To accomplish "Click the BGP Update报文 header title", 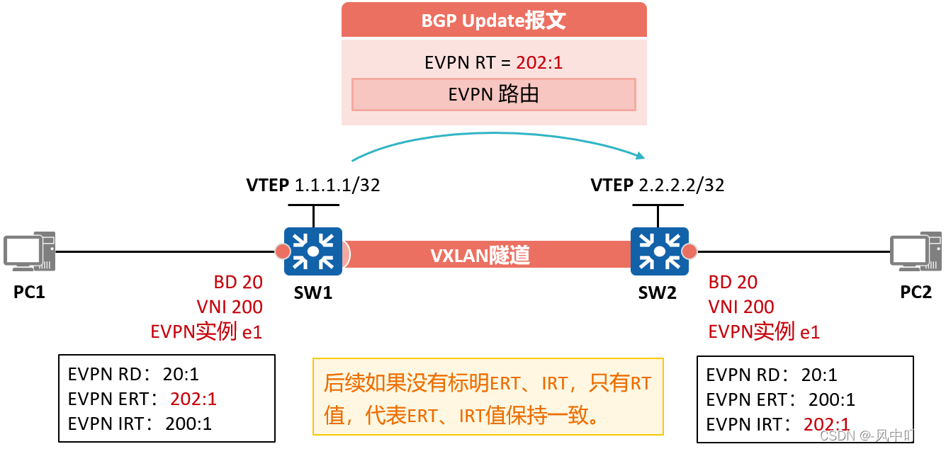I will [493, 21].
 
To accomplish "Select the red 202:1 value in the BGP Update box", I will [539, 62].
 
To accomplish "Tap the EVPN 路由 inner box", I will [493, 94].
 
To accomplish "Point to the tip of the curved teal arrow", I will [643, 156].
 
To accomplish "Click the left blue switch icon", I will [313, 251].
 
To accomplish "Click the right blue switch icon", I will [660, 251].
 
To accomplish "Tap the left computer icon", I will [29, 251].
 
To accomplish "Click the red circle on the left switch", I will [282, 251].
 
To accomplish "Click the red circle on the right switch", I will [689, 251].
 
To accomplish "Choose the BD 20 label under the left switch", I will [238, 282].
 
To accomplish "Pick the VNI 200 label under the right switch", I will [741, 307].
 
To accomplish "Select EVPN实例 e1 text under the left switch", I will [206, 331].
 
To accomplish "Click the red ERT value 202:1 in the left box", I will [193, 399].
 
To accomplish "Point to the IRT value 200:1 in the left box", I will [188, 424].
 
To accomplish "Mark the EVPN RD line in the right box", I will [771, 375].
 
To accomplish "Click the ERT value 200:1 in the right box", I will [831, 399].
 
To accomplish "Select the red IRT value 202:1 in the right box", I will [826, 424].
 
